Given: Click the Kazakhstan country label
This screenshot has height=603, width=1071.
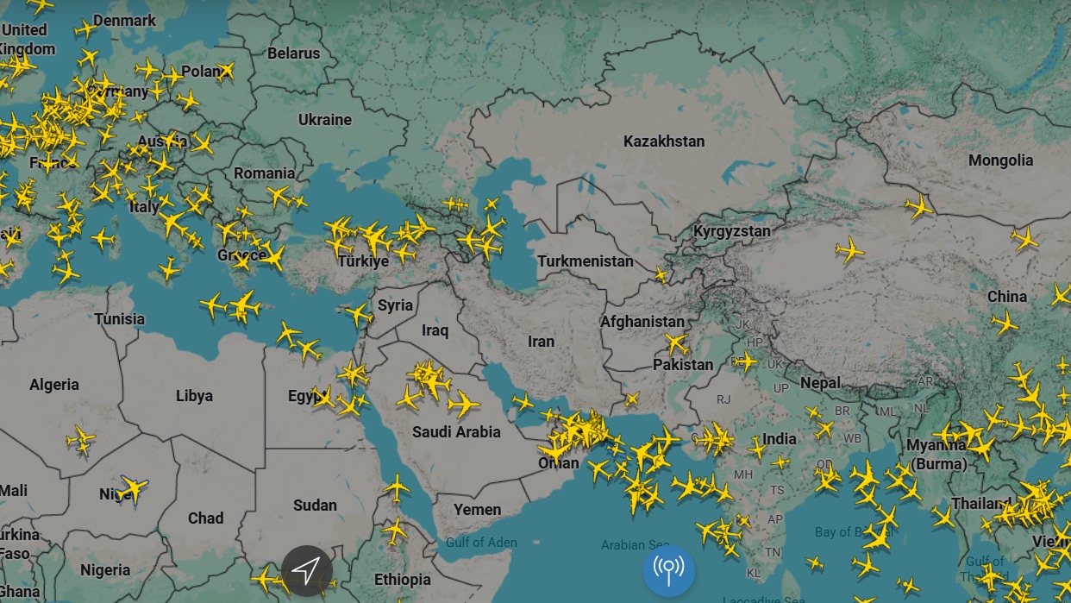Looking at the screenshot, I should tap(664, 141).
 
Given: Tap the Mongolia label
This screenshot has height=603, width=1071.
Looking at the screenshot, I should tap(1000, 160).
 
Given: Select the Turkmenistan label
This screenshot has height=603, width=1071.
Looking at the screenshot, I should tap(585, 261).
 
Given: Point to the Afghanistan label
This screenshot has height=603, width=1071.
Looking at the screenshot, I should tap(642, 321).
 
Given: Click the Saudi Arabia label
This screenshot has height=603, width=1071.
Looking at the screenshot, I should tap(456, 431).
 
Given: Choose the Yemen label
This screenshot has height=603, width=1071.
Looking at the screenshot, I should tap(477, 509).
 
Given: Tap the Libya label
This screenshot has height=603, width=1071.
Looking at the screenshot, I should tap(194, 396).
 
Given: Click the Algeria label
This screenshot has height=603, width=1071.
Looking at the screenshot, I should tap(54, 385).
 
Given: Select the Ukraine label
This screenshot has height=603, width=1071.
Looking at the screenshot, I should tap(324, 119).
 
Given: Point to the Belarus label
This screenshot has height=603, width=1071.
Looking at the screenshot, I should tap(293, 53).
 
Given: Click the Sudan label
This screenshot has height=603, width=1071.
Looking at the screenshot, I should tap(315, 505).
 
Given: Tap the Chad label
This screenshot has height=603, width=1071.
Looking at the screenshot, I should tap(205, 518).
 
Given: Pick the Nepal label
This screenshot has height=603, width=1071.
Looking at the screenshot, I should tap(820, 382).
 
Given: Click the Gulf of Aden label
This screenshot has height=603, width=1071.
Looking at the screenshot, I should tap(481, 543).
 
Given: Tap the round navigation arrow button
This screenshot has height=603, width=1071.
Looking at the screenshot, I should tap(306, 570).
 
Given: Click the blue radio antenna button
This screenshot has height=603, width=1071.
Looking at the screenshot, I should tap(668, 570).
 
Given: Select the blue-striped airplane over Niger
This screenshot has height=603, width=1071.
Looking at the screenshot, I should tap(132, 489).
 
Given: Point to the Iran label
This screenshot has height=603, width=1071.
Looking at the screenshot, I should tap(541, 341).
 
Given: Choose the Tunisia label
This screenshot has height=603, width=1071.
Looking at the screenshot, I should tap(120, 318).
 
